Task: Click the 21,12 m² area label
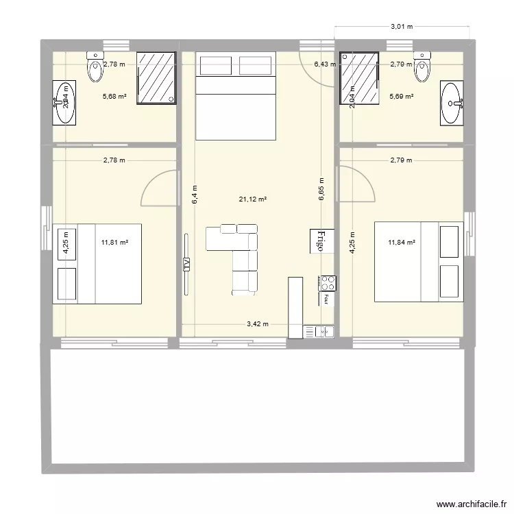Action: click(x=252, y=199)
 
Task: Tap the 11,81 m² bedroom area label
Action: click(x=115, y=242)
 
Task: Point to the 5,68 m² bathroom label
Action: click(x=114, y=97)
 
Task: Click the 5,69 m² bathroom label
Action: click(x=401, y=97)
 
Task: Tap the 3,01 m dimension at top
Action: click(x=402, y=27)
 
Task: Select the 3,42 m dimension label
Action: click(x=257, y=324)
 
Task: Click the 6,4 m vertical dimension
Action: click(x=195, y=195)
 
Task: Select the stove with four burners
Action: click(x=326, y=282)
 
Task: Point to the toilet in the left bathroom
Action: click(x=94, y=65)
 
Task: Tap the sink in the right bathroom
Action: click(x=452, y=103)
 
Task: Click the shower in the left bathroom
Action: click(x=156, y=78)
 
